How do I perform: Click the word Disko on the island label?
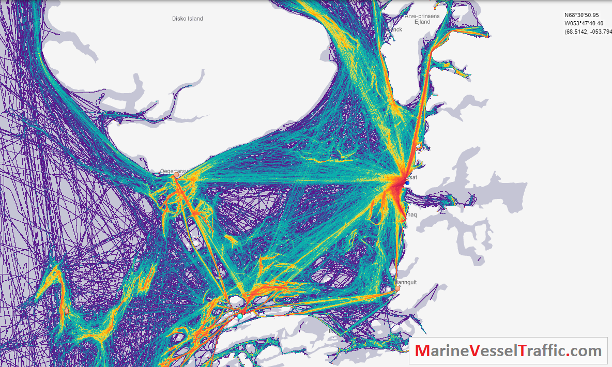point(178,19)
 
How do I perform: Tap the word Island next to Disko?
point(194,19)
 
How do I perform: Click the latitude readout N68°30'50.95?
point(582,16)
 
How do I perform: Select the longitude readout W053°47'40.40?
point(582,23)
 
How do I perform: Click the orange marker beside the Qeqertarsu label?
point(176,175)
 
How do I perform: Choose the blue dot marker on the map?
point(407,182)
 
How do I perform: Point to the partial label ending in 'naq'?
point(410,215)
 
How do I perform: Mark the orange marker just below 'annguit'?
point(397,288)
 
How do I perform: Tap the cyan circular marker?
point(240,315)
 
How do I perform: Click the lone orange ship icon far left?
point(66,310)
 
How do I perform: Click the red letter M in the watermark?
point(422,351)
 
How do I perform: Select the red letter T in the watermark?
point(524,351)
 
